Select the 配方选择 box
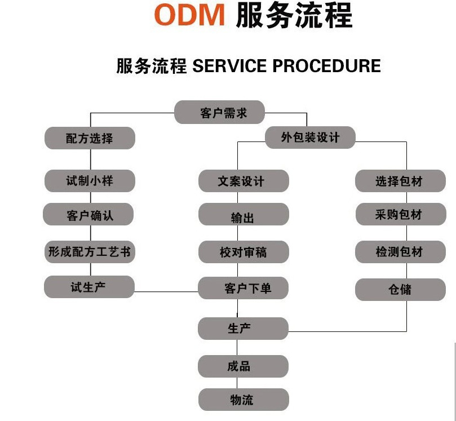(x=90, y=138)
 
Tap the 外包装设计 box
(x=310, y=138)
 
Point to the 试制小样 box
(x=90, y=181)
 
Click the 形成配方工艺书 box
(x=90, y=252)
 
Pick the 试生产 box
(x=89, y=287)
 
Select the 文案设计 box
(x=243, y=181)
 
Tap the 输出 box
(x=243, y=216)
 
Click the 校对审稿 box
(x=243, y=252)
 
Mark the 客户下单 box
(x=243, y=288)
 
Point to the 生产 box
(x=243, y=329)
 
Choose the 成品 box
(x=243, y=366)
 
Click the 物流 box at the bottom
(x=243, y=400)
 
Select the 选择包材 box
(x=400, y=181)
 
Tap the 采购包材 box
(x=400, y=215)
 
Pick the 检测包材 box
(x=400, y=252)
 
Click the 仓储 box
(x=400, y=290)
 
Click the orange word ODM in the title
(x=189, y=16)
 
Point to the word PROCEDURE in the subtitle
(x=326, y=66)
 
